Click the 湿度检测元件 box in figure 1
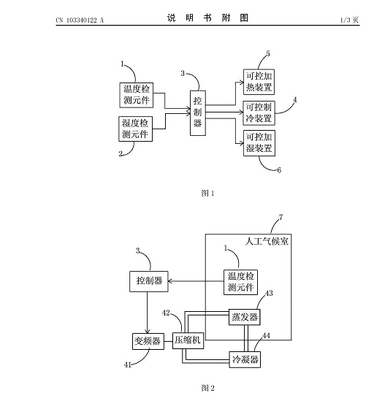135,129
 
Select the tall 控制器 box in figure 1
198,113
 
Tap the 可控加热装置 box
259,82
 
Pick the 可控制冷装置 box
259,113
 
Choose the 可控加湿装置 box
259,143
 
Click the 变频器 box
148,341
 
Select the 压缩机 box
188,340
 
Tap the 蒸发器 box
245,317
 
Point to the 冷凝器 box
245,359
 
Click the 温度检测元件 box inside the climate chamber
240,282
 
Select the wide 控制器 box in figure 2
149,281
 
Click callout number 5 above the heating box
268,53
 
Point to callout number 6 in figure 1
279,170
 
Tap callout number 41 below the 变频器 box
128,364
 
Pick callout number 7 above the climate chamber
280,218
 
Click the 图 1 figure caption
207,194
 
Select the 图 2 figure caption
207,388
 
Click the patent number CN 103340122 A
80,20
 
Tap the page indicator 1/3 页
349,20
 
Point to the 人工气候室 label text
267,241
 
